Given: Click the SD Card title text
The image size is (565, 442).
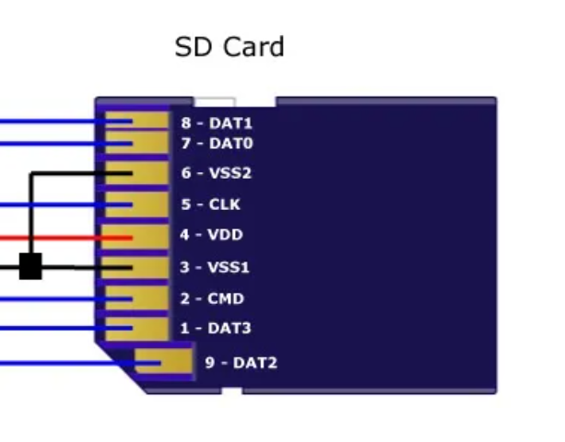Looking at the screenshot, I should [230, 47].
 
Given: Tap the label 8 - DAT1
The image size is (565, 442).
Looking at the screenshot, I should [217, 123].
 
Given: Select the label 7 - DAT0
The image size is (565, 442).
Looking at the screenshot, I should [217, 144].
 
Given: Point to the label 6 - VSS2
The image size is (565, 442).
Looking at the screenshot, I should [217, 173].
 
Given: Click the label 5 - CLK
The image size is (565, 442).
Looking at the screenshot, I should [210, 204].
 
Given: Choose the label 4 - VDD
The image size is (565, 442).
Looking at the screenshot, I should [211, 235].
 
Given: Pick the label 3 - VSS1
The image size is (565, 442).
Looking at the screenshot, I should [215, 267].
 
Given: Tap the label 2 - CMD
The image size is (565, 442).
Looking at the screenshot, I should [211, 298].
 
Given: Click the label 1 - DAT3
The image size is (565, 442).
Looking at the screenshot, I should [216, 328].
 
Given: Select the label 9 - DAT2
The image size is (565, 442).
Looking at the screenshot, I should [241, 363].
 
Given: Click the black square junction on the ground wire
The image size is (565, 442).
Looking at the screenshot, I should [30, 267].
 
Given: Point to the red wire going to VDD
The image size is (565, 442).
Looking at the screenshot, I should [55, 237].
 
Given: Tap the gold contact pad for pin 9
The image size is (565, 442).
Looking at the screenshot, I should [164, 362].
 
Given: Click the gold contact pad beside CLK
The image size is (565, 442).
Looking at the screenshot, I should [136, 204].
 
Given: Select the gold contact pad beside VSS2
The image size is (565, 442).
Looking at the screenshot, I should [136, 173].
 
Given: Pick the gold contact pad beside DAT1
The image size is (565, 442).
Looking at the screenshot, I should [136, 122].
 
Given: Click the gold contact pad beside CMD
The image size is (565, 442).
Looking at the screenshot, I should [136, 298].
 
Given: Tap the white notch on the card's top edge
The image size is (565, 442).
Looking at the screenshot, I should [214, 101].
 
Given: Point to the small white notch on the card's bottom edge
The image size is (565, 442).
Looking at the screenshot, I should [231, 391].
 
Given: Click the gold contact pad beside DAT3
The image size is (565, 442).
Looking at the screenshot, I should [136, 328].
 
